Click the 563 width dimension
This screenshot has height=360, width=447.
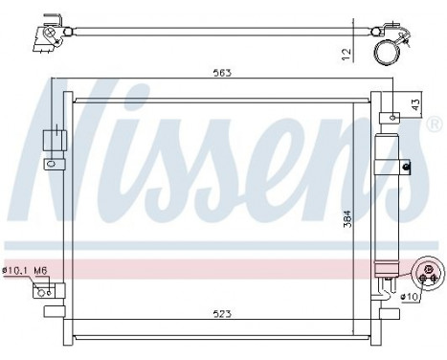(224, 71)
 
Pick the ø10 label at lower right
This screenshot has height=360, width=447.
(410, 296)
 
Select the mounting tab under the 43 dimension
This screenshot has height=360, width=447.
(393, 117)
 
